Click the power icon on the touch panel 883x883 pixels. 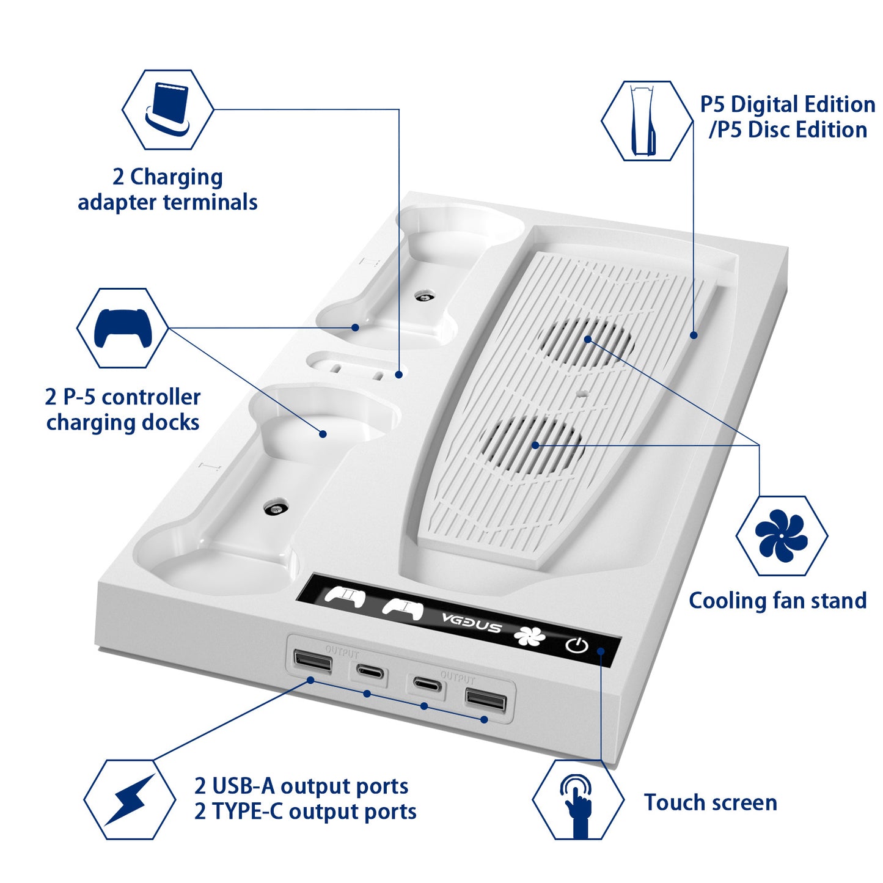pos(576,645)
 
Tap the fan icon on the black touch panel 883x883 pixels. pos(529,636)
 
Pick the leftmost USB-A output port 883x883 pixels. pos(313,661)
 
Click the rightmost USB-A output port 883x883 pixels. pos(486,700)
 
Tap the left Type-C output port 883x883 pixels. pos(372,673)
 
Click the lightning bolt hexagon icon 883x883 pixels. pos(130,799)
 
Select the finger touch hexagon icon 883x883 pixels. pos(578,799)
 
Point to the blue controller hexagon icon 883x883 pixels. pos(123,328)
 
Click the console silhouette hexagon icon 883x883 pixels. pos(647,121)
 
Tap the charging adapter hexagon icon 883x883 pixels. pos(167,109)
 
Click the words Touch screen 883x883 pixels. pos(710,802)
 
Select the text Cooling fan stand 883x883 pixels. pos(777,601)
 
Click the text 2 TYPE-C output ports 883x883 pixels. pos(305,812)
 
